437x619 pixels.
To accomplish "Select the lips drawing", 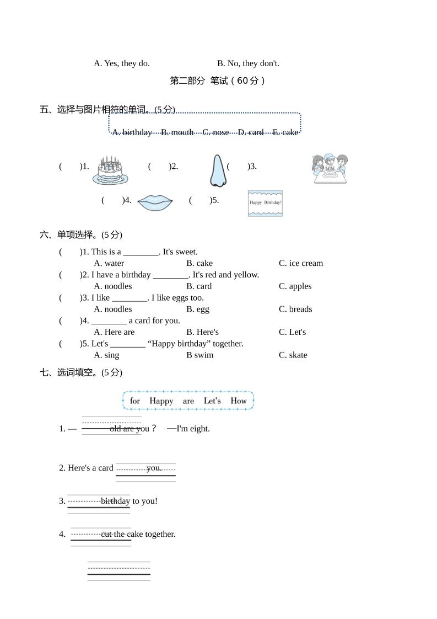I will pos(155,202).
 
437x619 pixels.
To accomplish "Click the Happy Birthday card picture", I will pos(265,203).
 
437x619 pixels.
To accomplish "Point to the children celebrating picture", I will pos(330,169).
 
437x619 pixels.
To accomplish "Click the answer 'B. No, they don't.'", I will pos(248,63).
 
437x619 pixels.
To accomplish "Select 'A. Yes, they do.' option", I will pos(122,63).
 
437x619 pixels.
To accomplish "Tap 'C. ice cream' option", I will pos(301,263).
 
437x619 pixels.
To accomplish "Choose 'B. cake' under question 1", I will pos(199,263).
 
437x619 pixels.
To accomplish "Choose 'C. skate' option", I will pos(293,355).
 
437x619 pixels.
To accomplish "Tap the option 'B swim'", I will pos(199,355).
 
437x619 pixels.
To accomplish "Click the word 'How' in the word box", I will pos(239,401).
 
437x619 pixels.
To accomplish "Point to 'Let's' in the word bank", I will pos(212,401).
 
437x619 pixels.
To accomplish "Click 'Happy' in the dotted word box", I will pos(161,401).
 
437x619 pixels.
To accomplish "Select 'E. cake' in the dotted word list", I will pos(285,132).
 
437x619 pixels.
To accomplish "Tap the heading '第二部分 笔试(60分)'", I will pos(218,81).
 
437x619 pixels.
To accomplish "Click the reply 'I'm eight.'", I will pos(192,429).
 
